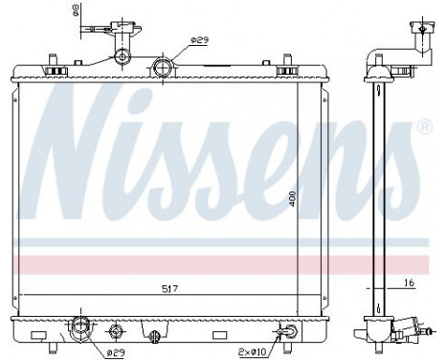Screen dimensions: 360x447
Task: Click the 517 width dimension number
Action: tap(168, 287)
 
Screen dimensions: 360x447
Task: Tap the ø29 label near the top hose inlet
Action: tap(199, 40)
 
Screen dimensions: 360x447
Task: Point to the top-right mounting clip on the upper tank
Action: tap(284, 70)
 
